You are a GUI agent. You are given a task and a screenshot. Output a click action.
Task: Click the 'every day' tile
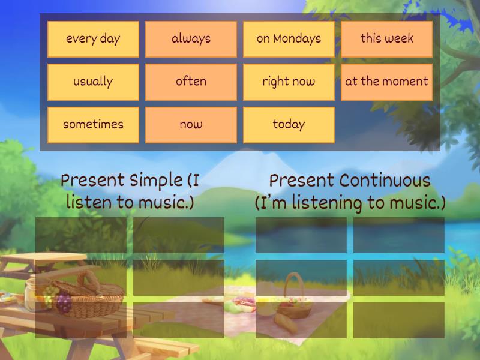pos(93,39)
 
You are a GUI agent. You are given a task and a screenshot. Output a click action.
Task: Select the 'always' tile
pos(191,39)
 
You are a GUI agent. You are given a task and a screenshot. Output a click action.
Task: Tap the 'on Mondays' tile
pos(289,39)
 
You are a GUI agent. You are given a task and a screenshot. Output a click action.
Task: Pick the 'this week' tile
pos(386,39)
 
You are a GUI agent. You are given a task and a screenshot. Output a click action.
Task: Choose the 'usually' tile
pos(93,82)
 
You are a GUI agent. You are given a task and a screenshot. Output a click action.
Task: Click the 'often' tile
pos(191,82)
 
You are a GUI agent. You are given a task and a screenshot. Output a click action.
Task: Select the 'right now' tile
pos(289,82)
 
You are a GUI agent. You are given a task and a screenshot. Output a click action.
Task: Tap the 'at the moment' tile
pos(386,82)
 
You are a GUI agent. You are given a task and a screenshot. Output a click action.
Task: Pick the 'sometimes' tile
pos(93,125)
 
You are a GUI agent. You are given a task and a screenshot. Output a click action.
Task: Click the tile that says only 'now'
pos(191,125)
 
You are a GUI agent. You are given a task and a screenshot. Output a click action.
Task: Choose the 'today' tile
pos(289,125)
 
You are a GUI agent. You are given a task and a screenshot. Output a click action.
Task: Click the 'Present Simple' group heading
pos(130,191)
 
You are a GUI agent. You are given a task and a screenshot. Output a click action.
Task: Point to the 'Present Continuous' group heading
pos(350,191)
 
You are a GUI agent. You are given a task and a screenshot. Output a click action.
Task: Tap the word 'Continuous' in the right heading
pos(385,180)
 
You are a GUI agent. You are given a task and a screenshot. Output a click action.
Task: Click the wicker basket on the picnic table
pos(90,294)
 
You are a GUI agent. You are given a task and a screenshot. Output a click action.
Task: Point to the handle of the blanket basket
pos(294,282)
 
